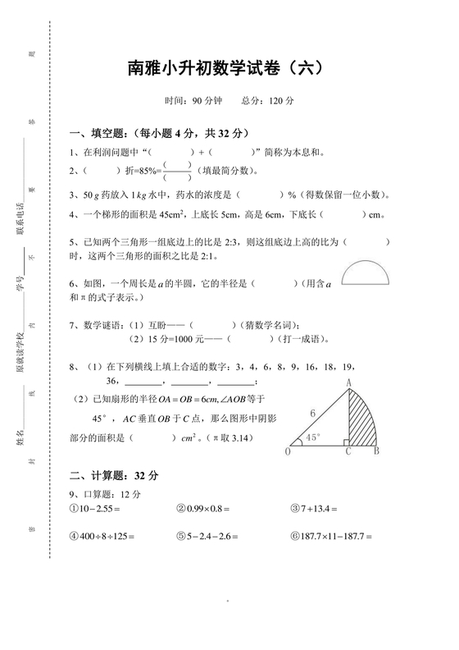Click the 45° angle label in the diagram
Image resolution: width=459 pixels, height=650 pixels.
pyautogui.click(x=311, y=438)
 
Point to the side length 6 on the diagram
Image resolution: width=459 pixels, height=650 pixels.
pyautogui.click(x=311, y=413)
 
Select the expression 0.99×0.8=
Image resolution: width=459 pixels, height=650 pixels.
pyautogui.click(x=206, y=509)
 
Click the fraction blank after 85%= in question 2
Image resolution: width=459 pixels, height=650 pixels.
pyautogui.click(x=177, y=171)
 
